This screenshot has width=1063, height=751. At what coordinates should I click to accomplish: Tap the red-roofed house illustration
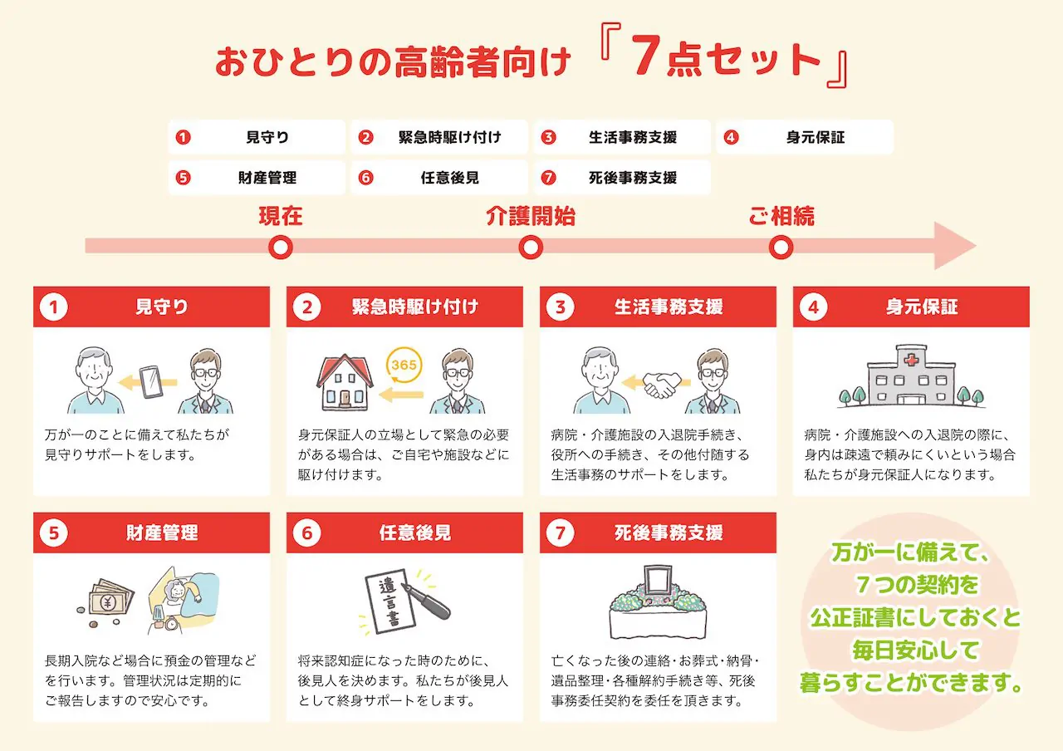[x=345, y=383]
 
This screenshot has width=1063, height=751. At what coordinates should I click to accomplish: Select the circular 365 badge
[x=404, y=366]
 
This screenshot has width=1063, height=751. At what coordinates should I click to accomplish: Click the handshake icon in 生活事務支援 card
[x=662, y=383]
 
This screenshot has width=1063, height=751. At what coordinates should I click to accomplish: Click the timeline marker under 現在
[x=281, y=248]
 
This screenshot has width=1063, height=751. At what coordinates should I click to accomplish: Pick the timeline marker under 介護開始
[x=530, y=248]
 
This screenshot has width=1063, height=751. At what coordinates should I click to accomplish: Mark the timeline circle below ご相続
[x=781, y=248]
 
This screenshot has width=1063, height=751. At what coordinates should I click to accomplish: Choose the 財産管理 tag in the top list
[x=257, y=178]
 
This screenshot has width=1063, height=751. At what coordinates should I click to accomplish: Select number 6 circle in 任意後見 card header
[x=306, y=533]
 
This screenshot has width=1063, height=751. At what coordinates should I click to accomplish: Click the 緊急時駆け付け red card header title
[x=414, y=307]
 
